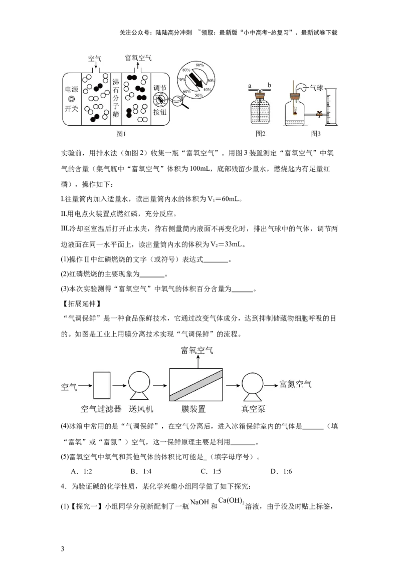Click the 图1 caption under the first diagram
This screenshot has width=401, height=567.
121,134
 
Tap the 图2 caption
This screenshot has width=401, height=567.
261,134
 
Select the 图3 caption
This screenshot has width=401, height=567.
316,134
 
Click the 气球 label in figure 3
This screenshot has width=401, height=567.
317,88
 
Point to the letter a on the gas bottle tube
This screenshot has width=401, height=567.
250,86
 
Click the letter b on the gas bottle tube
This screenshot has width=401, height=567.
269,85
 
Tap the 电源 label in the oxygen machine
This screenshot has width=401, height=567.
71,89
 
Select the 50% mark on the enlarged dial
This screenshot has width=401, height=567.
198,96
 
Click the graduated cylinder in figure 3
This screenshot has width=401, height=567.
332,107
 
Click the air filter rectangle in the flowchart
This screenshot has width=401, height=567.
102,385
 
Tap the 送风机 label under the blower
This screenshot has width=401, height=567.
141,409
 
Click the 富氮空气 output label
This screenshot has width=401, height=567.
295,384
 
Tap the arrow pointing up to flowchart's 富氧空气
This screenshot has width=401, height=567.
198,362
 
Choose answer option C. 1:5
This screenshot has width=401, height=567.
211,471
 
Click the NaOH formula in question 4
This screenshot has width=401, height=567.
199,502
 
